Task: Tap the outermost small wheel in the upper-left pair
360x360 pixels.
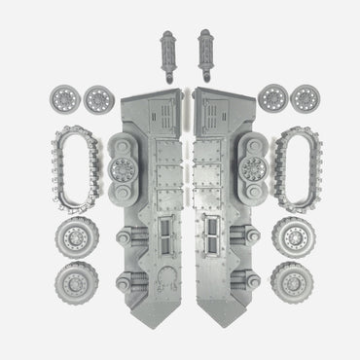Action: click(x=61, y=98)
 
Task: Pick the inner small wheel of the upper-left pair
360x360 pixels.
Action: click(x=96, y=98)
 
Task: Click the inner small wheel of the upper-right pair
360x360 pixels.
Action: click(x=274, y=98)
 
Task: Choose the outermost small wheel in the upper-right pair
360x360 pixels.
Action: click(x=307, y=98)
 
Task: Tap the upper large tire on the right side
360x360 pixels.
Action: click(x=293, y=237)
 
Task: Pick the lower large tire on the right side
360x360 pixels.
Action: click(x=293, y=283)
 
